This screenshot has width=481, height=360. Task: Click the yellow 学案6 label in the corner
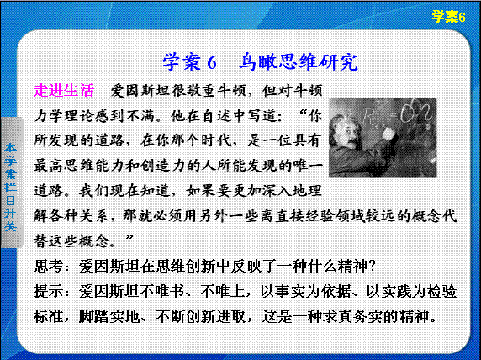point(448,17)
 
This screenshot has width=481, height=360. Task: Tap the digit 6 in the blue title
point(212,63)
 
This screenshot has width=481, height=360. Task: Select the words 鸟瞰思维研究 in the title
point(299,62)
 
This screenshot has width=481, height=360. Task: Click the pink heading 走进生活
point(64,90)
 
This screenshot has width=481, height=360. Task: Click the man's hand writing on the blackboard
point(388,134)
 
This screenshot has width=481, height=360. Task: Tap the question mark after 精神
point(372,266)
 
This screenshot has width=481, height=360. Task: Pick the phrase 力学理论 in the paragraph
point(64,116)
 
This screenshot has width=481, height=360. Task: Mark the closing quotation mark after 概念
point(129,237)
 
